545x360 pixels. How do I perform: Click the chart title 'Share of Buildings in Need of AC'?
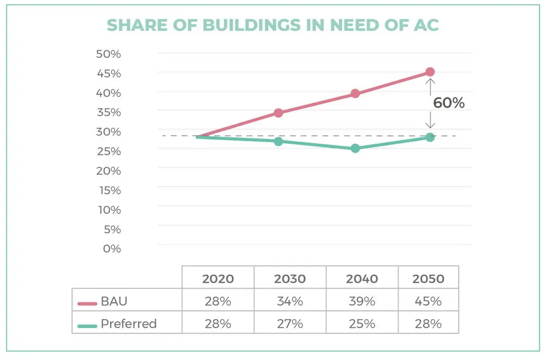(272, 25)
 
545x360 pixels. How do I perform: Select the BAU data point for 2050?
(430, 72)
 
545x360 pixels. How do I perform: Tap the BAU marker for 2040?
(355, 94)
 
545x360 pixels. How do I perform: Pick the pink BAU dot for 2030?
(278, 113)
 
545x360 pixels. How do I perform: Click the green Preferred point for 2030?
(278, 142)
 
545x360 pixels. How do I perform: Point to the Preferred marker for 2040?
(355, 148)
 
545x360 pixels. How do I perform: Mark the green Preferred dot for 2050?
(430, 137)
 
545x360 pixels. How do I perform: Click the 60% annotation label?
(449, 103)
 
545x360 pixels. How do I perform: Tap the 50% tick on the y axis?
(108, 54)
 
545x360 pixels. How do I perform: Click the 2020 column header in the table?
(218, 279)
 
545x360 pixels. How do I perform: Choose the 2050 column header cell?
(428, 279)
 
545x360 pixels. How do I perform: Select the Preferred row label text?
(129, 324)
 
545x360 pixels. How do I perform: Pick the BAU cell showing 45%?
(428, 301)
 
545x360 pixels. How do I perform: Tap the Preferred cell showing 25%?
(361, 324)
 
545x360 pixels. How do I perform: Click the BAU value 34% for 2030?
(289, 301)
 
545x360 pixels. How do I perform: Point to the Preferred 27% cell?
(289, 324)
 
